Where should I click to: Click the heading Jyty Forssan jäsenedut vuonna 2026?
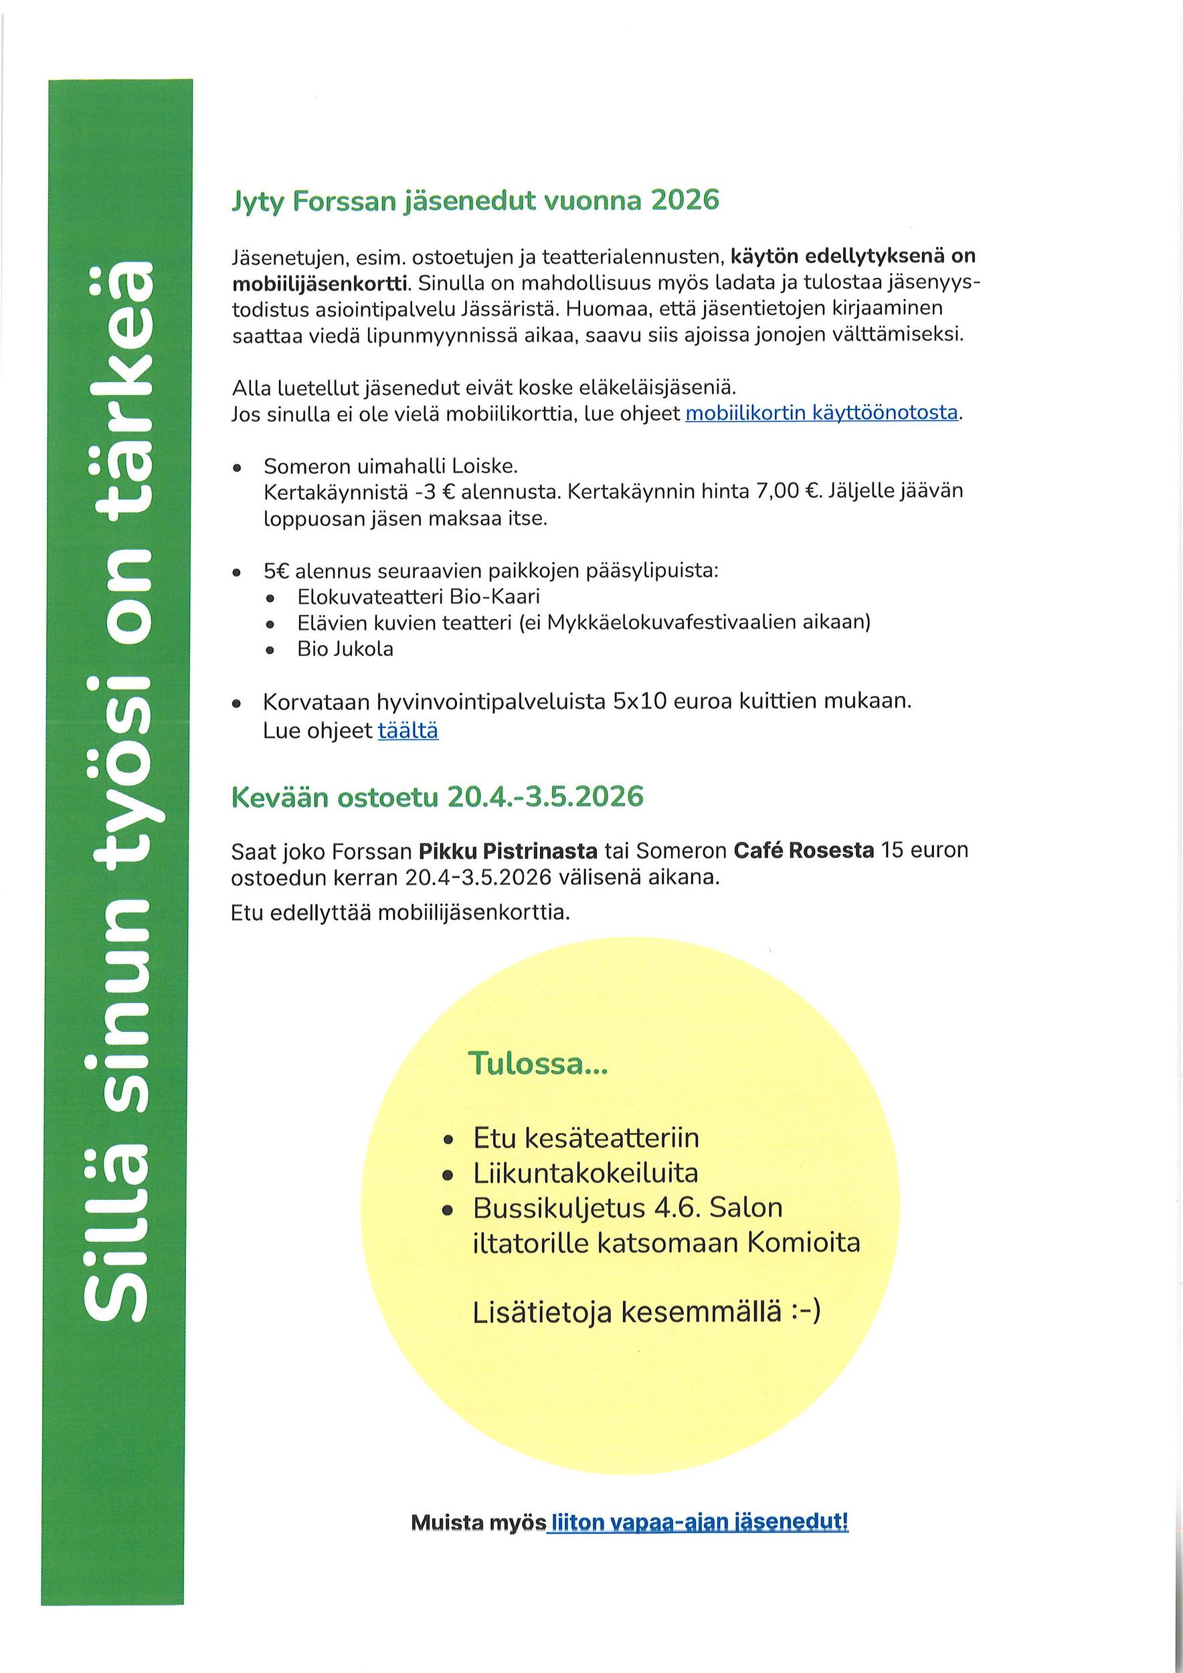pos(475,200)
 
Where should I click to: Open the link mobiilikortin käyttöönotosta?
pos(821,413)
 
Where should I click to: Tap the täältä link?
pos(408,730)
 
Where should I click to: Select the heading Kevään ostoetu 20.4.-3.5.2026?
pos(437,797)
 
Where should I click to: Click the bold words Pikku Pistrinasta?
pos(508,851)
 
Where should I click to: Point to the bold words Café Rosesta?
pos(804,851)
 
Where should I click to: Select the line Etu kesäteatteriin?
pos(585,1138)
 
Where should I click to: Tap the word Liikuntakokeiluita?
pos(585,1172)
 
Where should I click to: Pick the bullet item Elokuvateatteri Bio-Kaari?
pos(418,597)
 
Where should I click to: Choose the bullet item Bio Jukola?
pos(345,648)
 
